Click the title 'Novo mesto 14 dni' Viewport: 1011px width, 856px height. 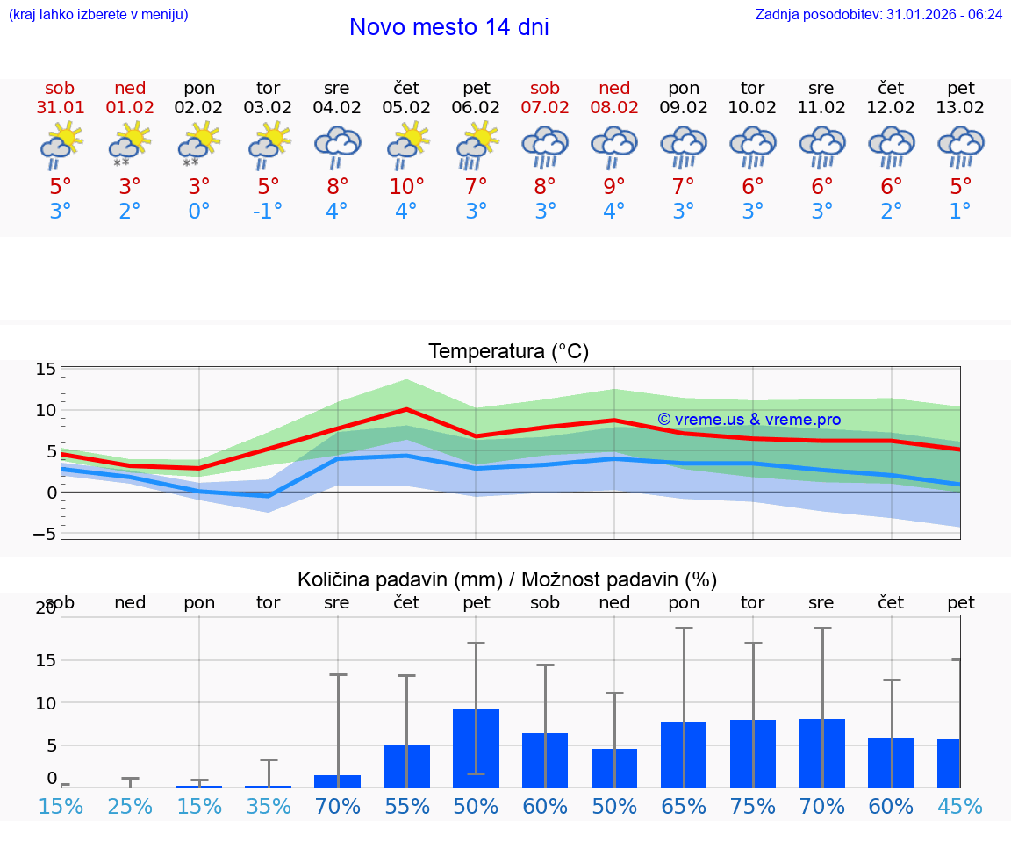click(x=448, y=27)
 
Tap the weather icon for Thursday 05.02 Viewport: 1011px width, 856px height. click(x=406, y=146)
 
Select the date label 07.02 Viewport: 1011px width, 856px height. click(x=545, y=108)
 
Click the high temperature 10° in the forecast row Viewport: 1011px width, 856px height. click(x=406, y=187)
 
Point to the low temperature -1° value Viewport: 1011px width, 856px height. click(x=268, y=212)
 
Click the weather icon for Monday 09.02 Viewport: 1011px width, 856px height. click(x=684, y=146)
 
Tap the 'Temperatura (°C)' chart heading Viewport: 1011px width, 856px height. click(x=508, y=351)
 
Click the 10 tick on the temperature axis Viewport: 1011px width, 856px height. click(x=46, y=410)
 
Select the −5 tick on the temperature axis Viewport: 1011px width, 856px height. click(x=46, y=534)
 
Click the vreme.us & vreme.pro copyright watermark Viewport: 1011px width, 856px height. click(x=749, y=420)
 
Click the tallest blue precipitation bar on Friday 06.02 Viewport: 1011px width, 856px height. click(x=476, y=747)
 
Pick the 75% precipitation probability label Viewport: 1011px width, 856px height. click(x=753, y=807)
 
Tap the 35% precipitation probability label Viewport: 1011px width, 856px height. click(x=268, y=807)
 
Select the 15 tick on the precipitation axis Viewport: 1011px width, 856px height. click(x=46, y=660)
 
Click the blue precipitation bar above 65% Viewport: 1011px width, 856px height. click(x=684, y=754)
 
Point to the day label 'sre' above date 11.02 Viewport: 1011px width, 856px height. click(x=822, y=88)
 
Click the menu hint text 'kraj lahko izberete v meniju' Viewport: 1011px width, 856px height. click(x=98, y=14)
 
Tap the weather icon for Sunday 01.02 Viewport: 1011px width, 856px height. click(x=130, y=146)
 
